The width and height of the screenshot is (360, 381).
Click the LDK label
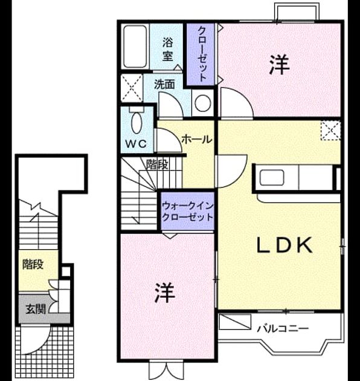[x=284, y=246]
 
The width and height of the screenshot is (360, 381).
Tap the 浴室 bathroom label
[x=167, y=50]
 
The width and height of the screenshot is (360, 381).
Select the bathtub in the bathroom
[x=135, y=47]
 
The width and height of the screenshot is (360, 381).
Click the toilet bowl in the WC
[x=137, y=122]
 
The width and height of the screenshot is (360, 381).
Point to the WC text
[x=136, y=144]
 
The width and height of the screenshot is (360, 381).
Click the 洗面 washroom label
[x=164, y=84]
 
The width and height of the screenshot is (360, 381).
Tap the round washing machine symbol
[x=203, y=103]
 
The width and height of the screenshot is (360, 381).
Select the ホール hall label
[x=197, y=140]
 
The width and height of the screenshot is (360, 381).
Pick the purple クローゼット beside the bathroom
[x=201, y=54]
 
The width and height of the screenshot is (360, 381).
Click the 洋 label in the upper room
[x=280, y=65]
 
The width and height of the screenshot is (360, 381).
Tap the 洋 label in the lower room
[x=165, y=292]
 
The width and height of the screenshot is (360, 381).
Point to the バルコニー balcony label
[x=283, y=329]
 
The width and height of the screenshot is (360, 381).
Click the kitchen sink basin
[x=272, y=177]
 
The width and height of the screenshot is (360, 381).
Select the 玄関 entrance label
[x=36, y=309]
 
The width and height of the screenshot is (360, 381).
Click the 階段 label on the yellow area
[x=33, y=264]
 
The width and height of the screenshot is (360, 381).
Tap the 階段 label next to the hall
[x=157, y=165]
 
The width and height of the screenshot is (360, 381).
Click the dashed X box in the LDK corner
[x=330, y=131]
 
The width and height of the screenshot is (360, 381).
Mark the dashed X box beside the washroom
[x=132, y=88]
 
